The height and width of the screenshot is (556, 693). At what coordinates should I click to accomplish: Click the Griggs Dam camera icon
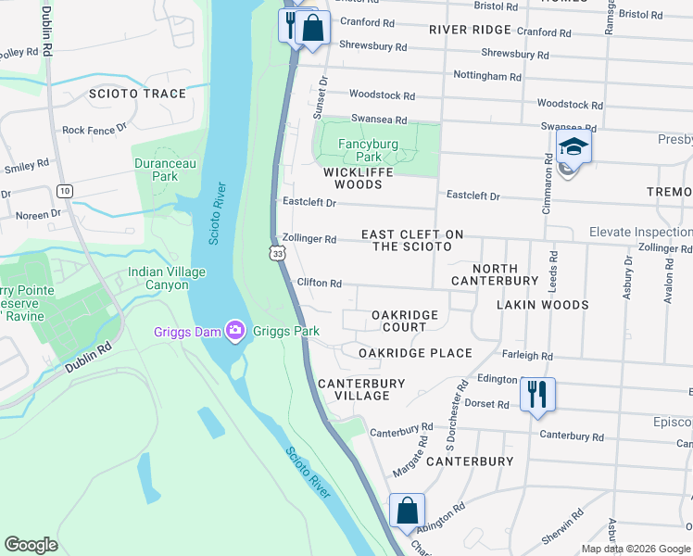235,331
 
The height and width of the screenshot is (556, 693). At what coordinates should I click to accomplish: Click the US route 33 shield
277,252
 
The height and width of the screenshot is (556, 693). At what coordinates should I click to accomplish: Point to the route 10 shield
64,191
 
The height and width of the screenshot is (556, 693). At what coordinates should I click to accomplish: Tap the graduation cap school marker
573,148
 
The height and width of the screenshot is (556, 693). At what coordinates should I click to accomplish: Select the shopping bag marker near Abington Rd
407,511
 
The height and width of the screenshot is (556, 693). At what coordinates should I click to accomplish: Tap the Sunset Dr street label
324,93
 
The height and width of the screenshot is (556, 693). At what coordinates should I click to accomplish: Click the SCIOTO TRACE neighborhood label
137,94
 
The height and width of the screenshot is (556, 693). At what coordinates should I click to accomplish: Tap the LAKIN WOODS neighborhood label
542,304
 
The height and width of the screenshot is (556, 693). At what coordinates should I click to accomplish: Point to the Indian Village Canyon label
167,278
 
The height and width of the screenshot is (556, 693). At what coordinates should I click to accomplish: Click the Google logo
31,545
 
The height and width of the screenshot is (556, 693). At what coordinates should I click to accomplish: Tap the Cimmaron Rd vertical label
548,195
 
